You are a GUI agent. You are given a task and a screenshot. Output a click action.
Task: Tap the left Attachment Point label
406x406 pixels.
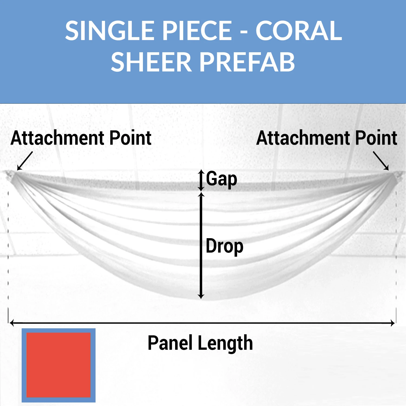tap(81, 138)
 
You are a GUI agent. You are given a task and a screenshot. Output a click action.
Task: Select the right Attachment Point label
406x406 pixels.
tap(326, 138)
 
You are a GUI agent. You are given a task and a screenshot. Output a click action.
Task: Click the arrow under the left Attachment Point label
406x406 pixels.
tap(25, 161)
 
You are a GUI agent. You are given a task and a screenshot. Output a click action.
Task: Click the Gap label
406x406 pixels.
tap(221, 179)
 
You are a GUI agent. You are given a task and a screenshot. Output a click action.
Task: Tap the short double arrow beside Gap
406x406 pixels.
tap(201, 180)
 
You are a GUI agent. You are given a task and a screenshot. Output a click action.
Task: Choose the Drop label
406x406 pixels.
tap(224, 246)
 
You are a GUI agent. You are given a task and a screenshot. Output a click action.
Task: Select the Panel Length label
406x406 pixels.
tap(200, 343)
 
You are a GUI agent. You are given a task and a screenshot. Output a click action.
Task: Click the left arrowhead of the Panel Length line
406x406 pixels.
tap(11, 323)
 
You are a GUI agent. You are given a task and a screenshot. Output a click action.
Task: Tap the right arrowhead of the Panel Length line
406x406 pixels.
tap(393, 323)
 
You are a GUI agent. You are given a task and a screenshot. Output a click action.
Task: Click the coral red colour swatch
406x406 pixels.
tap(58, 365)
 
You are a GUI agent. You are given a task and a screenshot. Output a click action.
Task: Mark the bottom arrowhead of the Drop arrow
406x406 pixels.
tap(201, 297)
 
